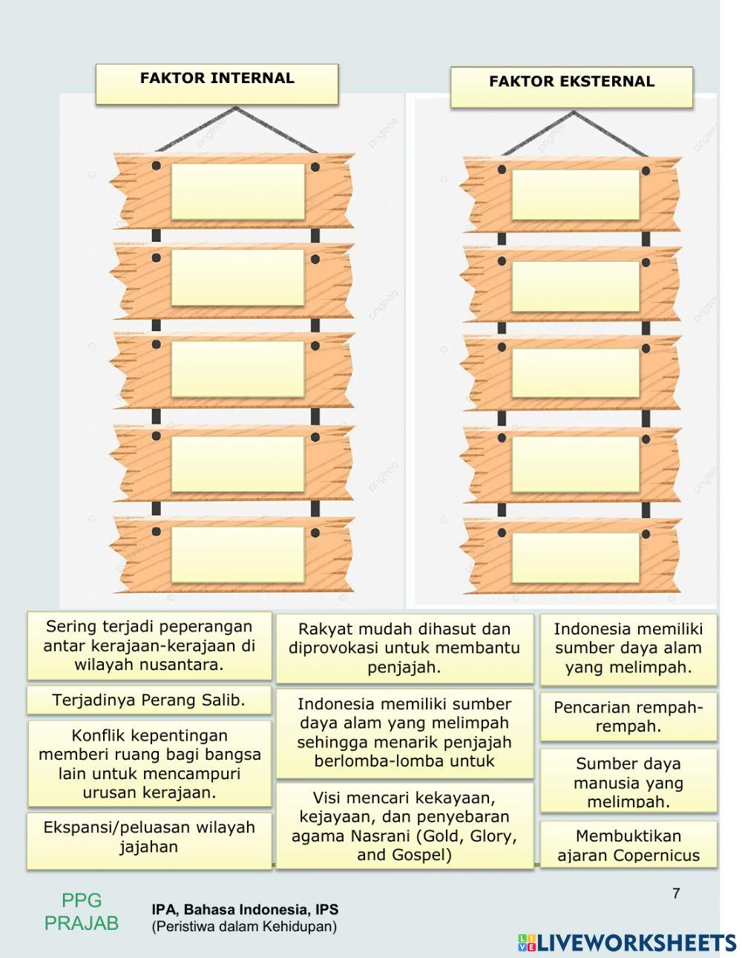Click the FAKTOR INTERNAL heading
point(217,79)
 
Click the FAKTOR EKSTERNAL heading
point(571,82)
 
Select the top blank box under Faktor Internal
point(237,191)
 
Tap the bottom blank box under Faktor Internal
point(237,554)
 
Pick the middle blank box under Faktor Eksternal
point(575,373)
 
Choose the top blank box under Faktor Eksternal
point(575,194)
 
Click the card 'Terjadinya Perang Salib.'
point(149,700)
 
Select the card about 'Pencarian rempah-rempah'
point(628,716)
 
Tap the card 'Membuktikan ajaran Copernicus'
point(628,845)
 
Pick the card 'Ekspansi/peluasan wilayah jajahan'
point(149,837)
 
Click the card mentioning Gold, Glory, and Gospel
point(404,826)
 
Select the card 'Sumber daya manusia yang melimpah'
point(628,781)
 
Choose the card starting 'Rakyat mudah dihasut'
point(404,648)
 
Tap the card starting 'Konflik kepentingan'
point(149,764)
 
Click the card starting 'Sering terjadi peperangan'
point(149,646)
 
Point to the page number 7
point(676,893)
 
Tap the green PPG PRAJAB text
point(82,912)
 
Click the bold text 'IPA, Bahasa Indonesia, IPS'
point(245,910)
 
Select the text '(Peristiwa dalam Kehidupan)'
point(244,926)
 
